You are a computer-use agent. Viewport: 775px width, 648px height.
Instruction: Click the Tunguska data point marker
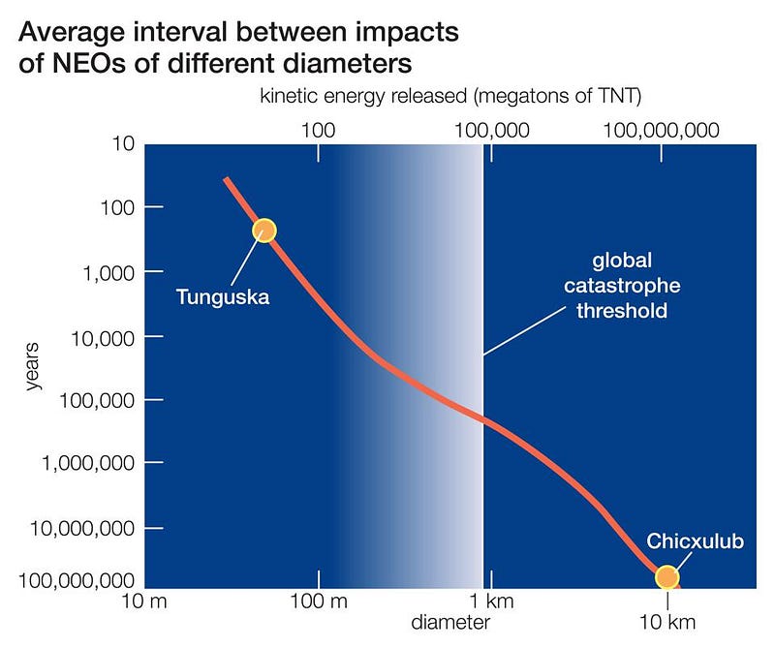pos(264,230)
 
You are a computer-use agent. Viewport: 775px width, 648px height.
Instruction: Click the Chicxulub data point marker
pos(666,577)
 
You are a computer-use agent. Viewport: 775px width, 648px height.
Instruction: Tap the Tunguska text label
pos(222,296)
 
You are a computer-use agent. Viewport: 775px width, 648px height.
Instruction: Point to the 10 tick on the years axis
pos(122,144)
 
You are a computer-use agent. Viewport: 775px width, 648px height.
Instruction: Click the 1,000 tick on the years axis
pos(106,271)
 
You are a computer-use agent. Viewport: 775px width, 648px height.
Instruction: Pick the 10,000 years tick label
pos(100,336)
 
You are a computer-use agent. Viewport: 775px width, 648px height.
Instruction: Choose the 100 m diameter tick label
pos(320,602)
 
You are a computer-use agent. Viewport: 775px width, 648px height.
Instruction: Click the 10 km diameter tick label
pos(666,621)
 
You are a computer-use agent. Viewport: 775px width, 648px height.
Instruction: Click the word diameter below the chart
pos(449,622)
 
